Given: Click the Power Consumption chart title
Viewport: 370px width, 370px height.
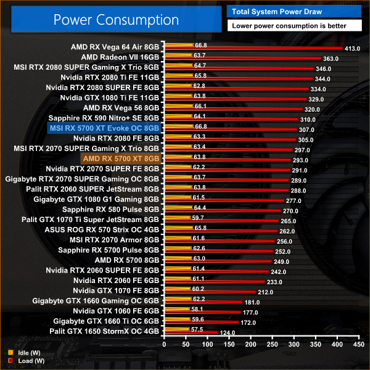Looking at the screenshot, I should click(x=116, y=20).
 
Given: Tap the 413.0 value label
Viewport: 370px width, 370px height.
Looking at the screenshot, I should click(x=353, y=48).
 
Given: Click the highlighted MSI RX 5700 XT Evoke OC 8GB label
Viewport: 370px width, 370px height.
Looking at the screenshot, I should click(x=104, y=128).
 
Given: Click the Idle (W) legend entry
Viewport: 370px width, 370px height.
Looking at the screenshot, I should click(x=25, y=352).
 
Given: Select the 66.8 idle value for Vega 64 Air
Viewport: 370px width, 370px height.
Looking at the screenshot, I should click(x=200, y=45).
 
